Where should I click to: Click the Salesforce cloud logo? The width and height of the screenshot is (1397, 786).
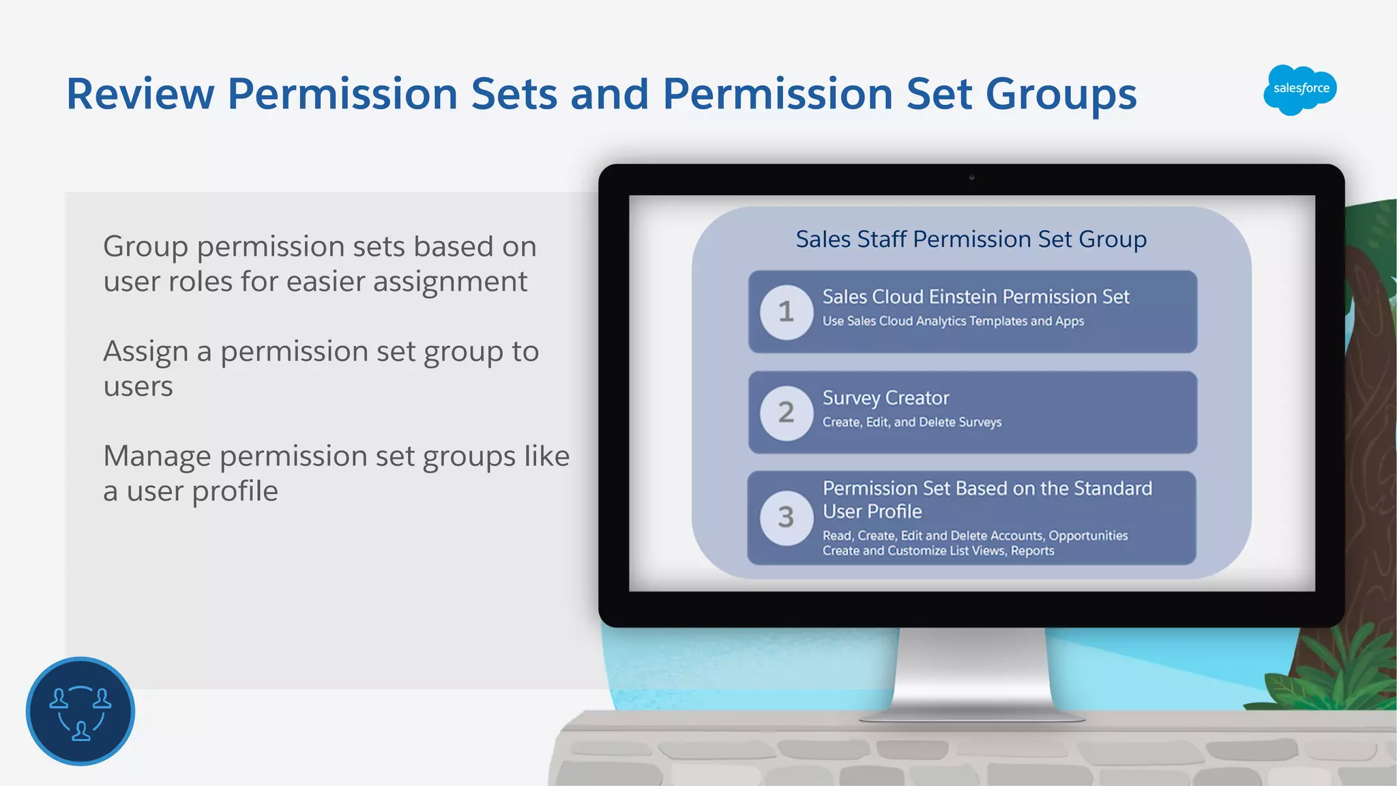[x=1300, y=89]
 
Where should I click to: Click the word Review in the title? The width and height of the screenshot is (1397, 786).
[x=140, y=93]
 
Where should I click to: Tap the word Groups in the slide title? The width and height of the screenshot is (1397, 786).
[x=1061, y=93]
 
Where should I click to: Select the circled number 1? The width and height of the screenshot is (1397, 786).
[x=786, y=312]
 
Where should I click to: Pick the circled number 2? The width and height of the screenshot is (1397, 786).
[x=786, y=413]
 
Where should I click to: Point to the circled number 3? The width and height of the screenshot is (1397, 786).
[x=786, y=517]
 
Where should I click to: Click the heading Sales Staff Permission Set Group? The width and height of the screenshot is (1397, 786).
[x=971, y=239]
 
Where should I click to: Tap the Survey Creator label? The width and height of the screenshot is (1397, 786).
[x=885, y=398]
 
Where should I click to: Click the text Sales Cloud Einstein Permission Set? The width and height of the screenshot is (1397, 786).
[x=975, y=297]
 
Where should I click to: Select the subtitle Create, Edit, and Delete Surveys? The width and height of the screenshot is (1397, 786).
[x=911, y=422]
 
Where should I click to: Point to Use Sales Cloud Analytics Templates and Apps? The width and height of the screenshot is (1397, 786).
[x=952, y=321]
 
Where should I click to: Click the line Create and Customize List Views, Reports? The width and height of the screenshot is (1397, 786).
[x=938, y=551]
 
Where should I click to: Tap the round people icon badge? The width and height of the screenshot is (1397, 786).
[x=80, y=711]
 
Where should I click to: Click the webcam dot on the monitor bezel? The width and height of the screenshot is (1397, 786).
[x=971, y=177]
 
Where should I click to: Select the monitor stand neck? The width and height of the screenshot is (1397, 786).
[x=971, y=669]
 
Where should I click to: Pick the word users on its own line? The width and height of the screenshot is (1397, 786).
[x=138, y=387]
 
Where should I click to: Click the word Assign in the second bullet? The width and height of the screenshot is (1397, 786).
[x=145, y=352]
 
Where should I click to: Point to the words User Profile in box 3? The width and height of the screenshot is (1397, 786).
[x=872, y=512]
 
